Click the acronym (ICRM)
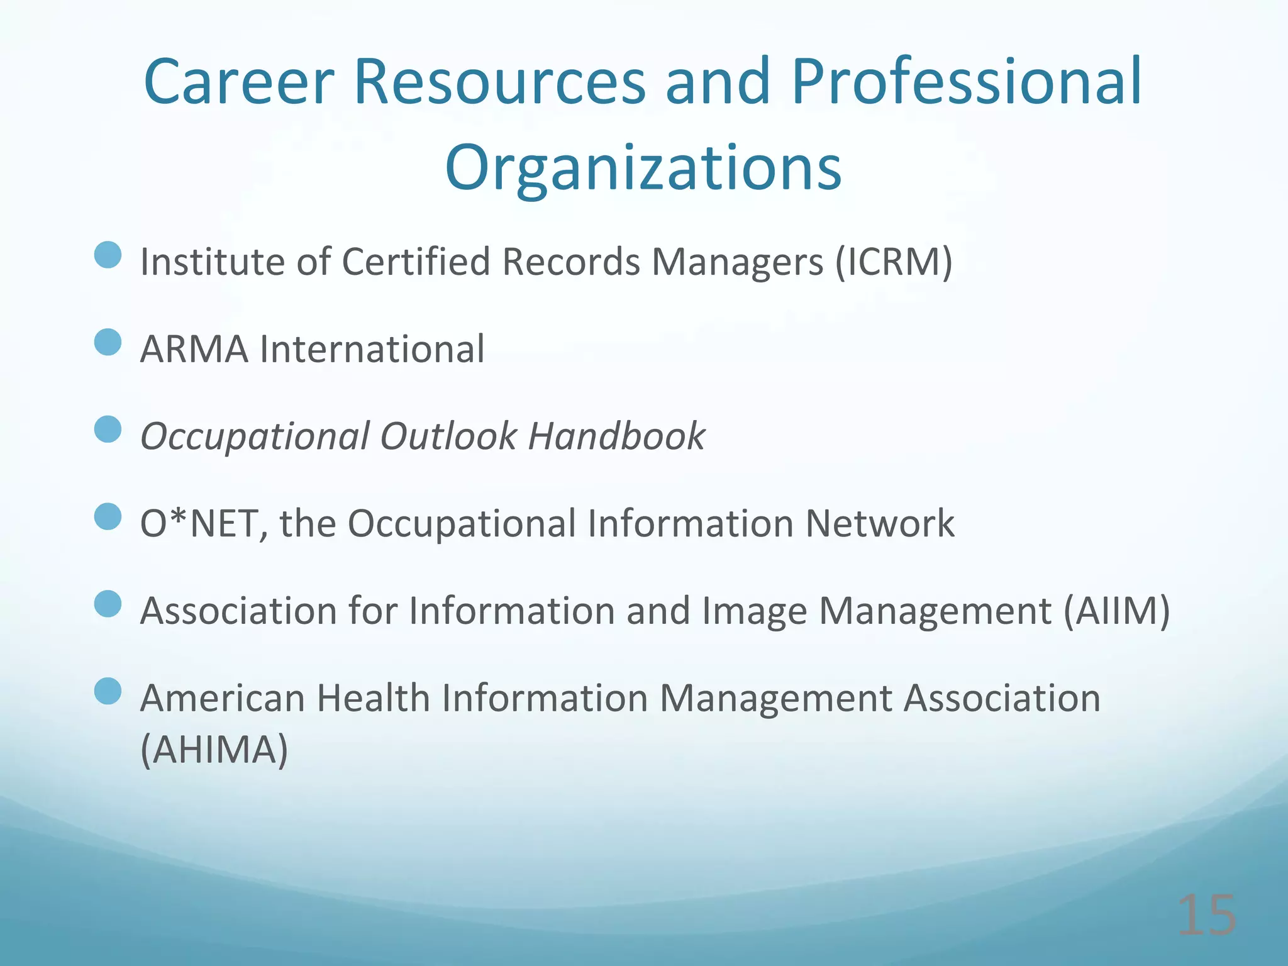[893, 262]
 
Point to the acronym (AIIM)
[1116, 611]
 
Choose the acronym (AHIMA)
[214, 749]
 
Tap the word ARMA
[194, 349]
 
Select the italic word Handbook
[616, 436]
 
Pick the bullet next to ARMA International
[108, 343]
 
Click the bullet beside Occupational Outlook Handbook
[108, 430]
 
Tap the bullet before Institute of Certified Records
[108, 255]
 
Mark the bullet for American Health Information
[108, 691]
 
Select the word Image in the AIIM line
[754, 611]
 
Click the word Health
[372, 698]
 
